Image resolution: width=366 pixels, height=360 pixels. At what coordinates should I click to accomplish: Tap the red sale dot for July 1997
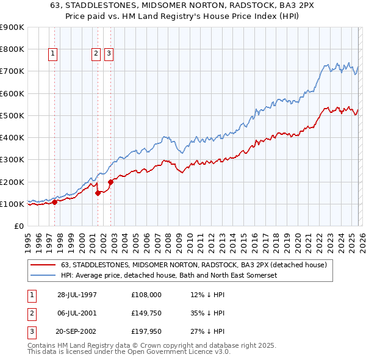[x=54, y=202]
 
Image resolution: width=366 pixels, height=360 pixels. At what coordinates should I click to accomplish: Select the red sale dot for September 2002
[x=110, y=182]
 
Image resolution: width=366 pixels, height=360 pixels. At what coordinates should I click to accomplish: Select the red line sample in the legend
[x=43, y=265]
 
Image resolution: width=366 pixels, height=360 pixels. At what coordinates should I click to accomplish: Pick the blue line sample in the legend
[x=43, y=275]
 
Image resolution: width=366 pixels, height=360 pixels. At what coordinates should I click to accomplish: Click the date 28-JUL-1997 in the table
[x=77, y=294]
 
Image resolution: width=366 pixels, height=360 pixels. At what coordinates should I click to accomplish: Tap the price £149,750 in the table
[x=146, y=314]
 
